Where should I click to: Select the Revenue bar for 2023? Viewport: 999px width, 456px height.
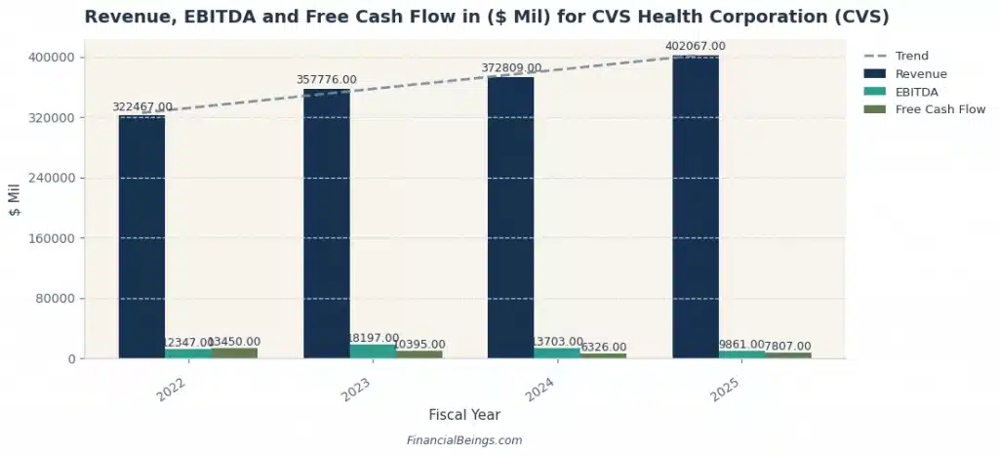(x=326, y=224)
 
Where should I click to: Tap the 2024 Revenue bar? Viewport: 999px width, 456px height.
(x=510, y=218)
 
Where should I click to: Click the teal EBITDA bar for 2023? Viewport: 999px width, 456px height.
(x=373, y=352)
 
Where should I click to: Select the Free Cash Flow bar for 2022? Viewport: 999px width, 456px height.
(x=234, y=353)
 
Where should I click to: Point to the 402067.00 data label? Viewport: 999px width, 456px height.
(x=695, y=46)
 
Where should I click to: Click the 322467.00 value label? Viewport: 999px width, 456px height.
(x=142, y=106)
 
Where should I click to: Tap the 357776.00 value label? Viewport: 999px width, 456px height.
(x=327, y=80)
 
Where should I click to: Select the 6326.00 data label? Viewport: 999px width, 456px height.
(x=603, y=347)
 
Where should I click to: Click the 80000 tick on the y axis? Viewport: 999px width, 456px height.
(x=57, y=299)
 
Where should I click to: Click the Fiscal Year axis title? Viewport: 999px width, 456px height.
(x=463, y=415)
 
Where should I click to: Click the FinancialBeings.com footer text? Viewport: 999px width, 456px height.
(x=463, y=440)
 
